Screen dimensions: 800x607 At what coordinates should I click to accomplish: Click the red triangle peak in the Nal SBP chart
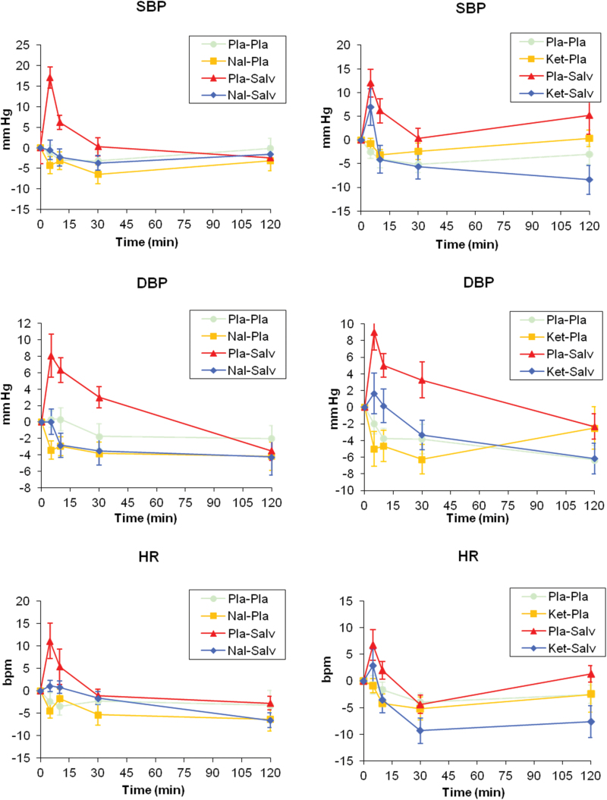(x=50, y=77)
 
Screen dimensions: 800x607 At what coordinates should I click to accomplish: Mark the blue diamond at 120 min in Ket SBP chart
(x=589, y=180)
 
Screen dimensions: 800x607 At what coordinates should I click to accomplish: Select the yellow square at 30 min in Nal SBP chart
(x=98, y=175)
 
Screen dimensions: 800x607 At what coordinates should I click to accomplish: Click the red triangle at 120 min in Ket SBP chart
(x=589, y=115)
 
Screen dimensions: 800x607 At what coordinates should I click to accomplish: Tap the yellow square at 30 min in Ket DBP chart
(x=420, y=459)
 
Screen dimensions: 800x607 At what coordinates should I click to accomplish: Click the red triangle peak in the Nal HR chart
(x=50, y=641)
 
